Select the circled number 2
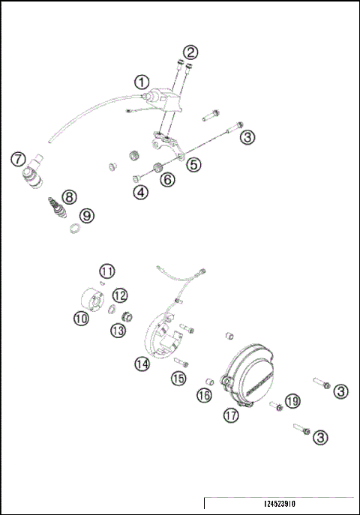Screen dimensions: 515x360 pyautogui.click(x=192, y=52)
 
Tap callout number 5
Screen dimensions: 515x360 pyautogui.click(x=193, y=163)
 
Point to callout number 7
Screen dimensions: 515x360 pyautogui.click(x=18, y=159)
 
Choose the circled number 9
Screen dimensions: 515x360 pyautogui.click(x=88, y=215)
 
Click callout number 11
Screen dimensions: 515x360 pyautogui.click(x=108, y=271)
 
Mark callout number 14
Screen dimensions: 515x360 pyautogui.click(x=142, y=364)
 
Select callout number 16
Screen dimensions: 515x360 pyautogui.click(x=204, y=396)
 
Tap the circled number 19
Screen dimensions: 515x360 pyautogui.click(x=292, y=401)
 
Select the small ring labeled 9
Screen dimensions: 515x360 pyautogui.click(x=76, y=228)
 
